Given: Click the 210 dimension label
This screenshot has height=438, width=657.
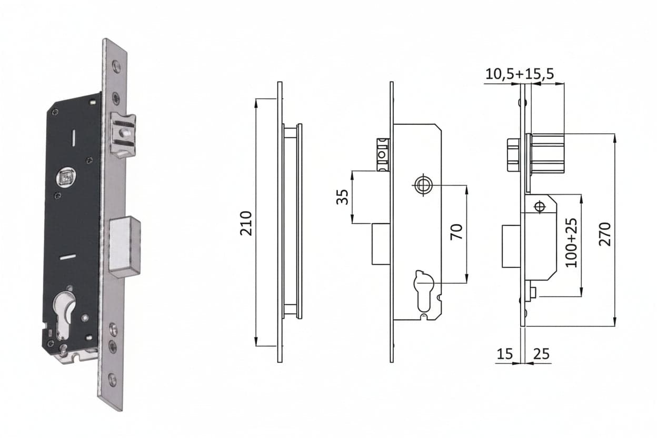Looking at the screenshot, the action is (x=246, y=223).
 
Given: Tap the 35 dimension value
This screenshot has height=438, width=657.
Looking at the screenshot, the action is (x=343, y=197).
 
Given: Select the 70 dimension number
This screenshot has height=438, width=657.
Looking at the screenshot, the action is (x=456, y=232).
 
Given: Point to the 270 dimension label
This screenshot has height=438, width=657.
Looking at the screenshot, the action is (x=604, y=234).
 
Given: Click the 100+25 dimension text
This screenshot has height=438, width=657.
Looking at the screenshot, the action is (x=571, y=243).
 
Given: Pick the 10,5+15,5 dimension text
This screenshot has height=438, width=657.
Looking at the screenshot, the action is (x=520, y=74).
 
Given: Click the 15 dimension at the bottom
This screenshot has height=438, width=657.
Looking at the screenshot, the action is (x=504, y=354).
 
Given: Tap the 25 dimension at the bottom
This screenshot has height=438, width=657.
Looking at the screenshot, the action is (x=541, y=354).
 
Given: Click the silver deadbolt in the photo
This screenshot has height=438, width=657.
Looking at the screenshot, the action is (x=125, y=247).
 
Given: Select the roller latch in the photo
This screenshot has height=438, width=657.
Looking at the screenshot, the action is (x=123, y=134).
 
